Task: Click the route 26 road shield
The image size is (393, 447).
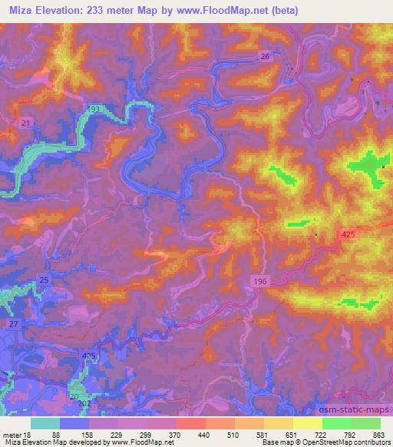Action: click(265, 57)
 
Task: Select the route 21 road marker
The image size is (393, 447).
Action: click(25, 123)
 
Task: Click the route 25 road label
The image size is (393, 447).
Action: click(44, 280)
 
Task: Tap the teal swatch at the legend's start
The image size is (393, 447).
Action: click(45, 423)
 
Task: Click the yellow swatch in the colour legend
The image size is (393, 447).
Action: click(308, 423)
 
